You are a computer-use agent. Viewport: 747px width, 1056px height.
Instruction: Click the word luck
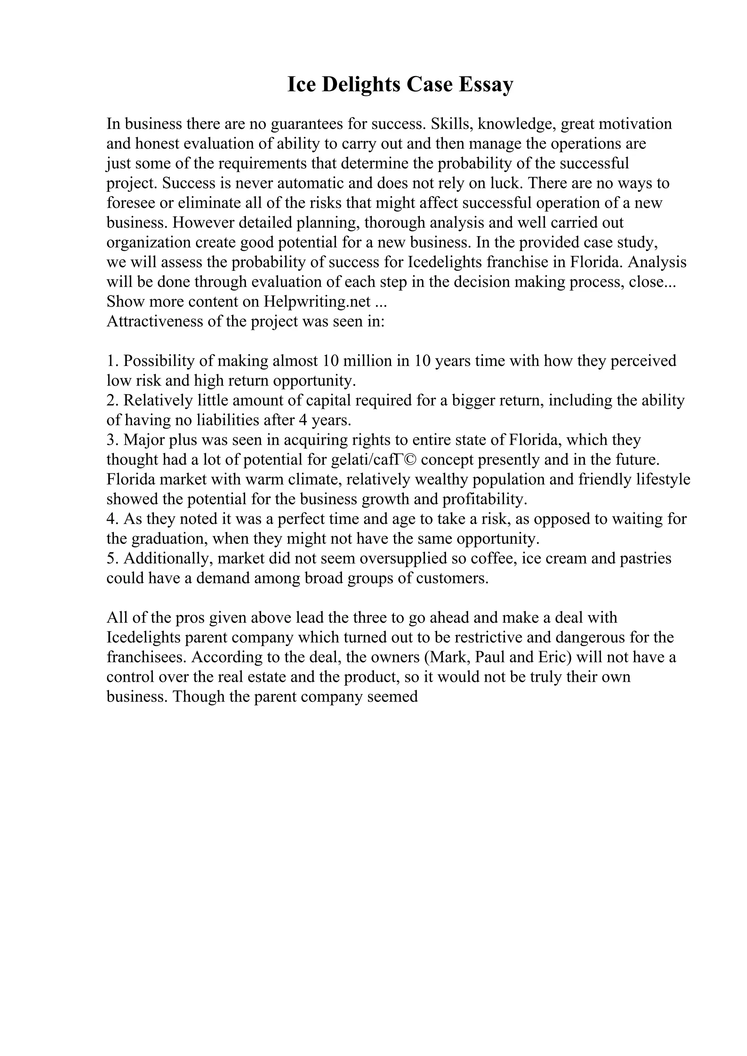(506, 183)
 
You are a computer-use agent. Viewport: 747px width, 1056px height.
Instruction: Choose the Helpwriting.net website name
(317, 301)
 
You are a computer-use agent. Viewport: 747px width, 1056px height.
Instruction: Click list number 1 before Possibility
(112, 361)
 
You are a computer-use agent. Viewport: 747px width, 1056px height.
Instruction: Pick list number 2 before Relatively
(112, 400)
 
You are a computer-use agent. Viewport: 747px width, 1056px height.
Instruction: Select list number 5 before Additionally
(112, 558)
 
